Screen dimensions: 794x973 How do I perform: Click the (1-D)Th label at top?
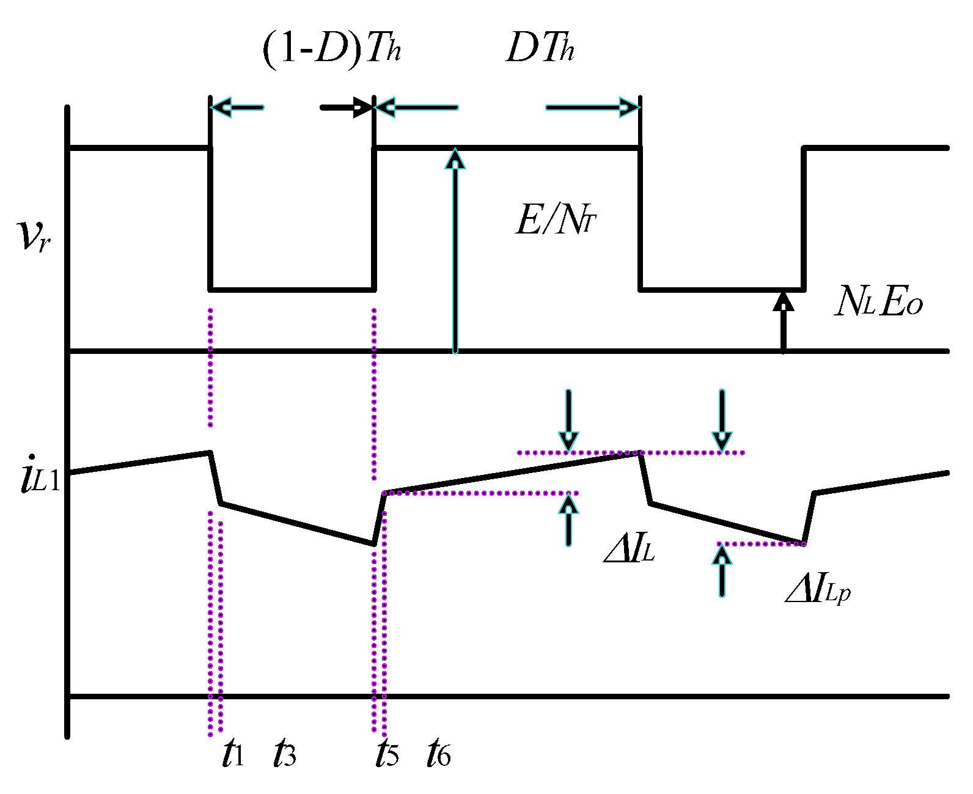point(332,49)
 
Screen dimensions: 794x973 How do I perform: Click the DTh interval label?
point(540,48)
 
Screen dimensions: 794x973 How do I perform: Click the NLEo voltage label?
point(878,302)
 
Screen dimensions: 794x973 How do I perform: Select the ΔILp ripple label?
point(818,589)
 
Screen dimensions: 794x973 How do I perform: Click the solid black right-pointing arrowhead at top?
point(362,108)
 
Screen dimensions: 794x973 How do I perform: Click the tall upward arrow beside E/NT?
point(455,244)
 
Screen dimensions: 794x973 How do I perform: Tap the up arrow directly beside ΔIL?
point(569,520)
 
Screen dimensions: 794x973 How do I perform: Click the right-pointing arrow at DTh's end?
point(626,108)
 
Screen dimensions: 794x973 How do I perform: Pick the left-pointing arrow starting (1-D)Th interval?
point(223,108)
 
